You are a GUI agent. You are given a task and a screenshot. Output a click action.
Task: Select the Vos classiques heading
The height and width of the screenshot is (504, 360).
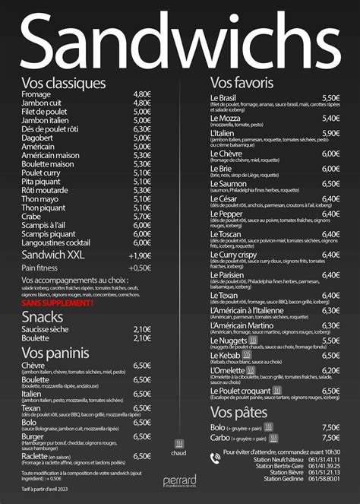(x=63, y=83)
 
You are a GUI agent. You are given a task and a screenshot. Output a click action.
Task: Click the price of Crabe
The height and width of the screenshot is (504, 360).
(x=142, y=216)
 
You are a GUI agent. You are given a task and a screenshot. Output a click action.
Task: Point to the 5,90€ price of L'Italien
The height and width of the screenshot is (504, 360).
(x=330, y=133)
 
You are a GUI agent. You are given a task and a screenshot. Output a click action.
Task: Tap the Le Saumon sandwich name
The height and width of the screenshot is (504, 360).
(x=228, y=183)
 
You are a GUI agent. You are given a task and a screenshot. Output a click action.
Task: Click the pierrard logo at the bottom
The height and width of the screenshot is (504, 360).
(x=179, y=480)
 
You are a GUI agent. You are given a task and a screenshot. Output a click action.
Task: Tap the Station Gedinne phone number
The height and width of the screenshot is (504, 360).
(x=324, y=478)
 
